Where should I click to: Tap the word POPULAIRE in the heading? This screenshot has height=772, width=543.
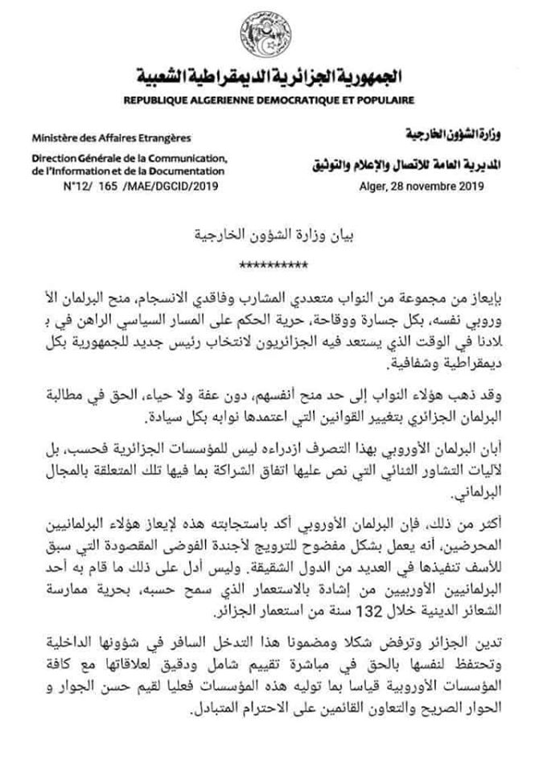(385, 101)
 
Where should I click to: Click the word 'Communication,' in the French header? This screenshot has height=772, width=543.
(191, 158)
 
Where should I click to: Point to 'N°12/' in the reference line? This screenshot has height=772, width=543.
(76, 185)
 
